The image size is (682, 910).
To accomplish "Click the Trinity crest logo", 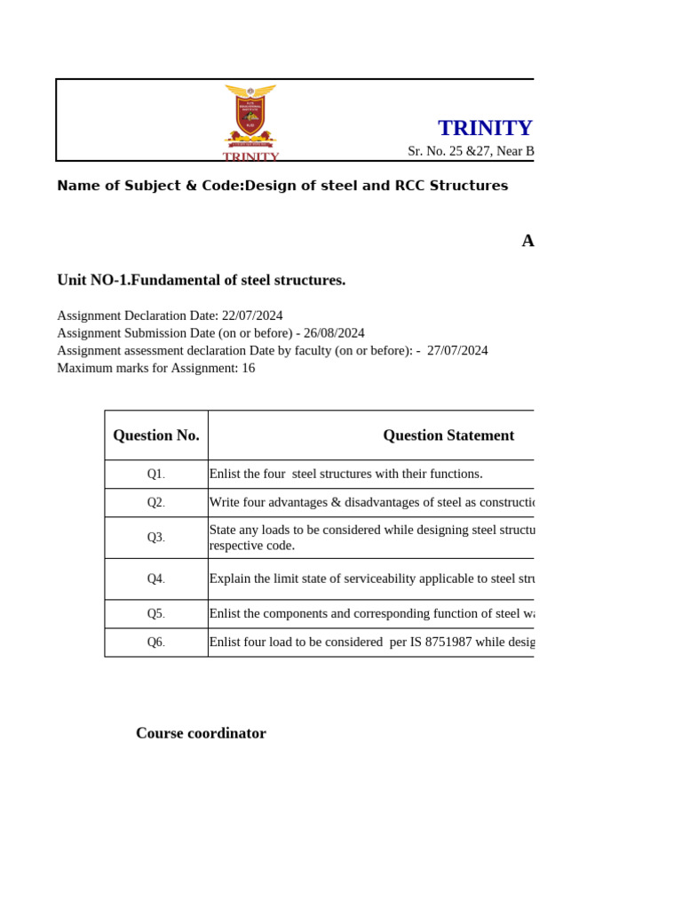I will click(x=250, y=116).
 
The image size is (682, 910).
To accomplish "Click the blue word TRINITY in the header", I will click(x=485, y=128).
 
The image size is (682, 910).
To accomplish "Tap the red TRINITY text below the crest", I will click(x=250, y=156).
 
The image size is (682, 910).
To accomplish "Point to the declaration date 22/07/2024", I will click(x=252, y=315).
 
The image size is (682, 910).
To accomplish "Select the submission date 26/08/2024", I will click(x=334, y=333).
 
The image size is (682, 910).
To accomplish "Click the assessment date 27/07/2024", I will click(x=457, y=350).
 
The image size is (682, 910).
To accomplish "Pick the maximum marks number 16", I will click(x=248, y=368).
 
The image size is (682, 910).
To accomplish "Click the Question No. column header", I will click(x=156, y=435).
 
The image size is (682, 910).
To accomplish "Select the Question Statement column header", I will click(x=448, y=435).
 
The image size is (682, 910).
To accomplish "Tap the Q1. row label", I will click(x=156, y=475).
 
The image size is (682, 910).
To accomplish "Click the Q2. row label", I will click(x=156, y=503).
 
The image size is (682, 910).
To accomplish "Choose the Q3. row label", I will click(x=156, y=538).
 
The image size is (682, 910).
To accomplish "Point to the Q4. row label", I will click(x=156, y=579).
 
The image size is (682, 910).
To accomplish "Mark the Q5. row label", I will click(x=156, y=614).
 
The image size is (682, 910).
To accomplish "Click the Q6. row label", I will click(x=156, y=643).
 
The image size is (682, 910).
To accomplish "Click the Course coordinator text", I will click(x=201, y=733).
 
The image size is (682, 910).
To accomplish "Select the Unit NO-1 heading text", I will click(x=201, y=280).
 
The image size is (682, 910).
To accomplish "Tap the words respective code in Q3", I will click(x=251, y=546).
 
